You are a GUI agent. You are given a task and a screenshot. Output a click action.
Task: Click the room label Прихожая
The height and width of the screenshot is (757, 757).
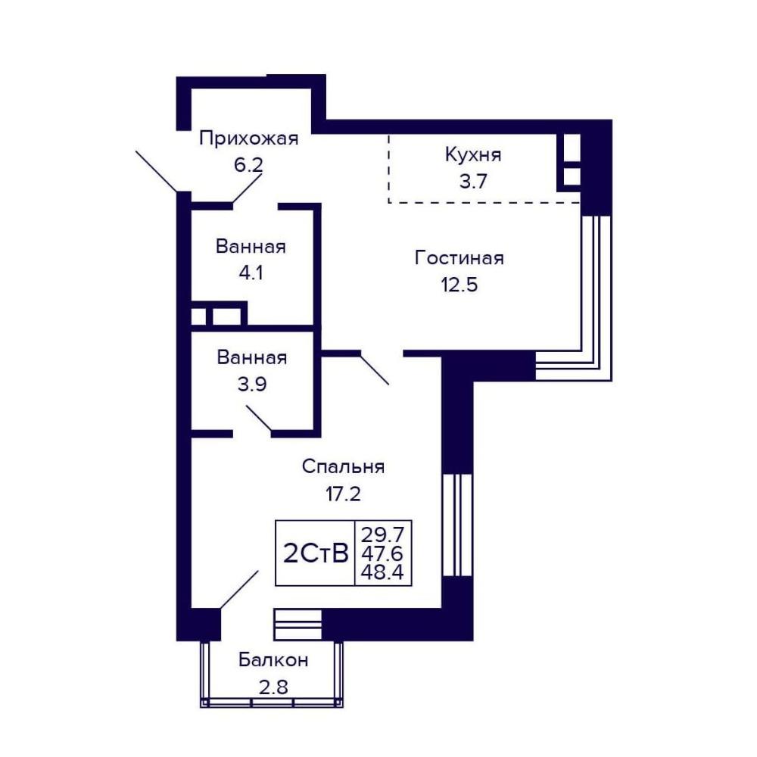(248, 139)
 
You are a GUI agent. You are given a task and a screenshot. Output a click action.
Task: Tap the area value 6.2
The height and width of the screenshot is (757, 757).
(248, 165)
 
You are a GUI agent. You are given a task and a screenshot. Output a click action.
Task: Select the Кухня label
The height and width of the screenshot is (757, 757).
(473, 154)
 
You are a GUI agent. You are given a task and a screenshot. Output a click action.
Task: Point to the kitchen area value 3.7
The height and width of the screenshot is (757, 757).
(473, 181)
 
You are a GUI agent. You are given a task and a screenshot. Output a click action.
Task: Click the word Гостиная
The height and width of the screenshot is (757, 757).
(459, 258)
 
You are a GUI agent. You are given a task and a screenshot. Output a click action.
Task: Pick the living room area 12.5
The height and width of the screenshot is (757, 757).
(459, 285)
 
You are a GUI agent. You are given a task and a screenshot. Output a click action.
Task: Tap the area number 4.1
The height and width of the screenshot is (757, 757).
(251, 273)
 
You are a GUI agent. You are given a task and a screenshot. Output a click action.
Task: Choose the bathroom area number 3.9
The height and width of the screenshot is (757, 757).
(252, 385)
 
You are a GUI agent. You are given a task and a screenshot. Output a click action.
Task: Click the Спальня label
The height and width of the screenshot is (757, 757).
(343, 467)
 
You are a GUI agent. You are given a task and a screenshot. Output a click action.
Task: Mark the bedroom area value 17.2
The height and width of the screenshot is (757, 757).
(343, 494)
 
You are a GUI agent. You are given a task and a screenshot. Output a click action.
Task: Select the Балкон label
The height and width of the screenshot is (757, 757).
(273, 659)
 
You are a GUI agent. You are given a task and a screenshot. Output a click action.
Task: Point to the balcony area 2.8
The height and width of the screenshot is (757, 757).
(273, 687)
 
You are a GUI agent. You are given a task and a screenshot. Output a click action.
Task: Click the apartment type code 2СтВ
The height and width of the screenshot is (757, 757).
(315, 553)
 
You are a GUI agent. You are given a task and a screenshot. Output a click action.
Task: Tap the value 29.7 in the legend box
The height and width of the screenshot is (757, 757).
(382, 534)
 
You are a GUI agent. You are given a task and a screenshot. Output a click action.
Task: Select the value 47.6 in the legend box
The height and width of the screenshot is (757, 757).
(382, 553)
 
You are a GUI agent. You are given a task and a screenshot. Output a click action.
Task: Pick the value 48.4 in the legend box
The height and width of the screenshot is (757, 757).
(382, 572)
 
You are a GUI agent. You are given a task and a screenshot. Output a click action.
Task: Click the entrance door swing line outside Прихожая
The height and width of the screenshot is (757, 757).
(157, 171)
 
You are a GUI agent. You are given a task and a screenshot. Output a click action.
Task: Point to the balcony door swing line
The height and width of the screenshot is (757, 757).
(239, 590)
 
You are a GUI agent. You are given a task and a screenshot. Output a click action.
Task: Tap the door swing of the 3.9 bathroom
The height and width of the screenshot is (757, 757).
(259, 418)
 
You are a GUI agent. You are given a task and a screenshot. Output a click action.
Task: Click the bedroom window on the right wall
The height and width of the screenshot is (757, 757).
(456, 525)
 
